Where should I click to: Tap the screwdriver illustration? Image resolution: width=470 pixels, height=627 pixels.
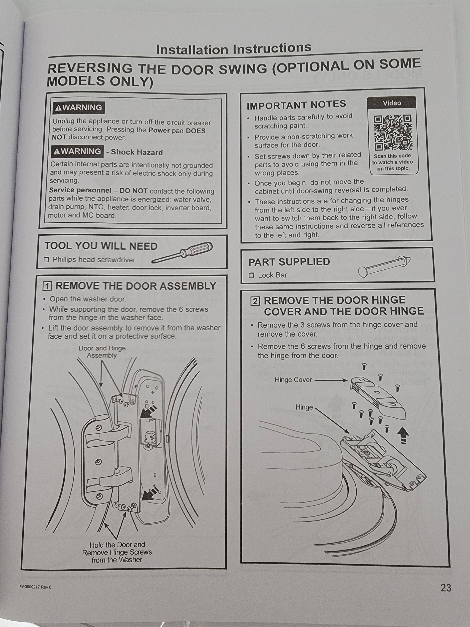[183, 252]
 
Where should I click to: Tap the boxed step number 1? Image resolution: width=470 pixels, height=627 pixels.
[47, 286]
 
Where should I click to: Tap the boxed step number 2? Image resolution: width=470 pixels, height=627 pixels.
[255, 301]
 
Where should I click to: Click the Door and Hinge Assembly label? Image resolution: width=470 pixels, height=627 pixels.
[102, 352]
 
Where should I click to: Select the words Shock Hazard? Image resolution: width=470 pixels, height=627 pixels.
[137, 152]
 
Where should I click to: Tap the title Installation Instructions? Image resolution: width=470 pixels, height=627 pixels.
[234, 49]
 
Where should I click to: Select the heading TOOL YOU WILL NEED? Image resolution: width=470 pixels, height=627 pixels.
[101, 246]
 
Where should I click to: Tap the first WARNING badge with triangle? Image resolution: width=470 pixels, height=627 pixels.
[78, 108]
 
